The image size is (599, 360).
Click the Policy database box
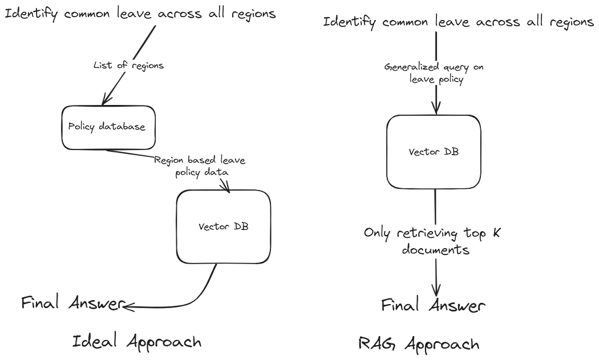click(107, 128)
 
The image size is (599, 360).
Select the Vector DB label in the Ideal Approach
click(223, 226)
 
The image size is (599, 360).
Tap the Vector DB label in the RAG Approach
click(436, 151)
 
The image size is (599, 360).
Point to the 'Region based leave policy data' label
click(200, 166)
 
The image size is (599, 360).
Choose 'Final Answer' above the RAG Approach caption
click(434, 305)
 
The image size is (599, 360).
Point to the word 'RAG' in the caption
click(374, 343)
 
